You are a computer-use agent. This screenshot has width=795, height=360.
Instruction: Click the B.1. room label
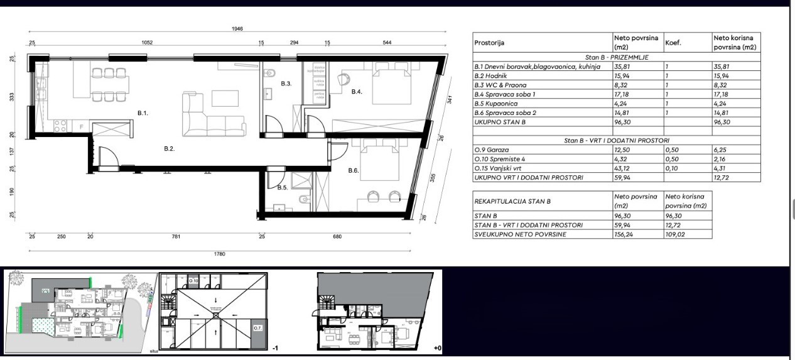(x=143, y=113)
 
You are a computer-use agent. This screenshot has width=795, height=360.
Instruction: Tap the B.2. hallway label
(x=169, y=149)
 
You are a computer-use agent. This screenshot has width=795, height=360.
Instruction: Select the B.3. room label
(x=286, y=84)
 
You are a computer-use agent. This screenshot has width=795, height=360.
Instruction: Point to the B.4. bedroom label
(x=357, y=92)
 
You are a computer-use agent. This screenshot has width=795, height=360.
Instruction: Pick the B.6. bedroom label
(x=353, y=170)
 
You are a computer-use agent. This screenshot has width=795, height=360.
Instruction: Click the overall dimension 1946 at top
(x=236, y=29)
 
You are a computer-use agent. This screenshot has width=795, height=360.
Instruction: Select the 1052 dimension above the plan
(x=146, y=43)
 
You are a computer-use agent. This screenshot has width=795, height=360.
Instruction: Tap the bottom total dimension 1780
(x=219, y=254)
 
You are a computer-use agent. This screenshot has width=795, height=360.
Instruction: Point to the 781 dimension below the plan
(x=176, y=237)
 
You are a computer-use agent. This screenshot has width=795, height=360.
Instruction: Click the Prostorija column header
(x=489, y=43)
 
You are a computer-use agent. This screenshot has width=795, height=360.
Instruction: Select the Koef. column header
(x=673, y=43)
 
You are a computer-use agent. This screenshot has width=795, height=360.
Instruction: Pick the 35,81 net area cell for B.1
(x=622, y=66)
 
